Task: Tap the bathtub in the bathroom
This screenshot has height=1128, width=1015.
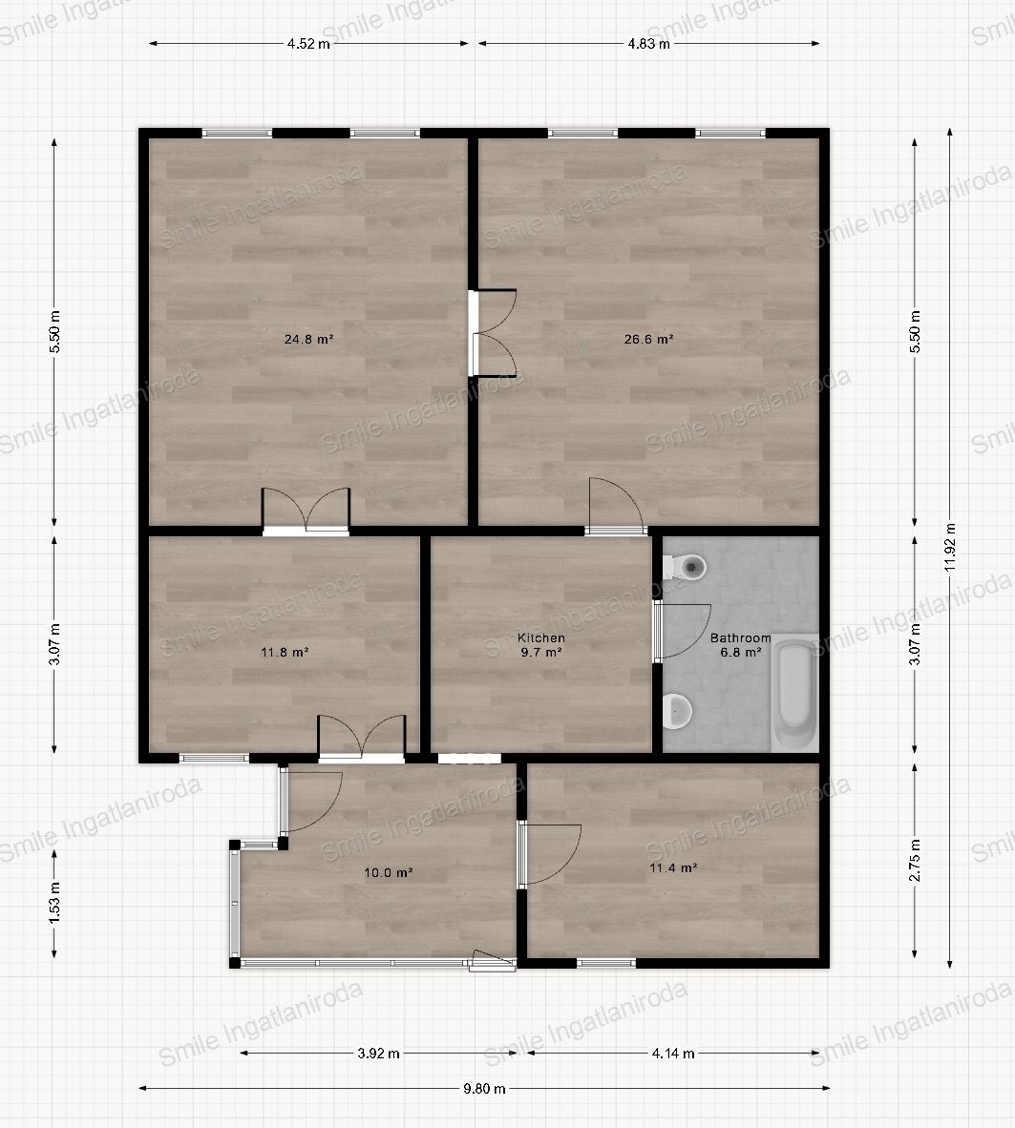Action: click(794, 693)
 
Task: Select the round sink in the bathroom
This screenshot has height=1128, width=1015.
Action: click(677, 711)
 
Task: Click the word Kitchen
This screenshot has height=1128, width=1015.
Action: click(541, 637)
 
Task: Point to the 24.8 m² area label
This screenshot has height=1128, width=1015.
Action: click(308, 339)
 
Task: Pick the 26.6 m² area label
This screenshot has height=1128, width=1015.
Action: click(648, 339)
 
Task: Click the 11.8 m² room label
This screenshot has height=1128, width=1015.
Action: click(285, 653)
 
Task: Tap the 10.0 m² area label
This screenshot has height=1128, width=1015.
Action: click(388, 872)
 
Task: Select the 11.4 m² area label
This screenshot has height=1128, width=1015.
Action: click(673, 868)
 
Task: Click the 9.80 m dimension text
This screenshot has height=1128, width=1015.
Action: click(484, 1089)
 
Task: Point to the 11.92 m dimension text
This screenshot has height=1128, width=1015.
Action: click(950, 548)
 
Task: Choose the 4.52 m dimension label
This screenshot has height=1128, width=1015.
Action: click(308, 43)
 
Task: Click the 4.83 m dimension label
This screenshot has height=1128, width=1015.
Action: click(648, 43)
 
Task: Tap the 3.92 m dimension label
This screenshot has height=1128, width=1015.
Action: click(379, 1054)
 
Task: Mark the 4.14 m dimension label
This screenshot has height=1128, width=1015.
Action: click(673, 1054)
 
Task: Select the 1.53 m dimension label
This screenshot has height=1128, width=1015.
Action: click(54, 903)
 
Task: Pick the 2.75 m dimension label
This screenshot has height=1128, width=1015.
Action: click(915, 861)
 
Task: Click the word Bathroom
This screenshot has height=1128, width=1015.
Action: click(741, 637)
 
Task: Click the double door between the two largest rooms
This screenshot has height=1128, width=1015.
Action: click(493, 333)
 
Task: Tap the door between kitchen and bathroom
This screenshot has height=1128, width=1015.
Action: click(681, 632)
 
